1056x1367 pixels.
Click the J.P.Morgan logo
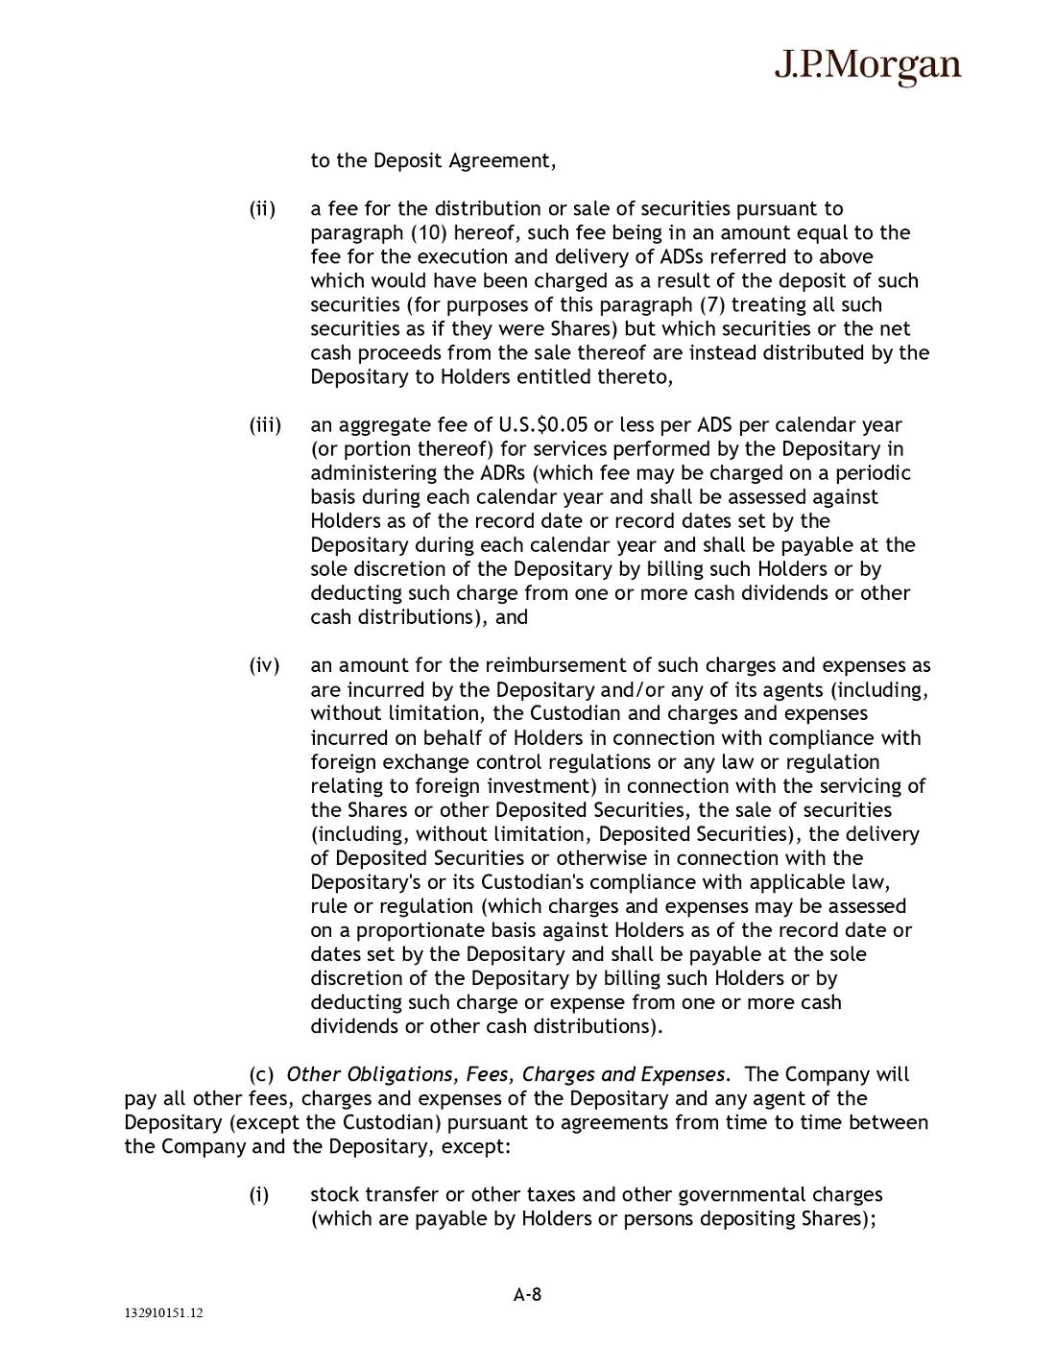coord(867,65)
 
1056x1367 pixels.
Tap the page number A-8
coord(527,1293)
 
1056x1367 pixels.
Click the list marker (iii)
coord(265,424)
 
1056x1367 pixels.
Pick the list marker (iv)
coord(264,665)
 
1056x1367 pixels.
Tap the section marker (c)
coord(261,1074)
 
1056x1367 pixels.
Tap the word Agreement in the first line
coord(503,160)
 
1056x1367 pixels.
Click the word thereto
coord(639,376)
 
